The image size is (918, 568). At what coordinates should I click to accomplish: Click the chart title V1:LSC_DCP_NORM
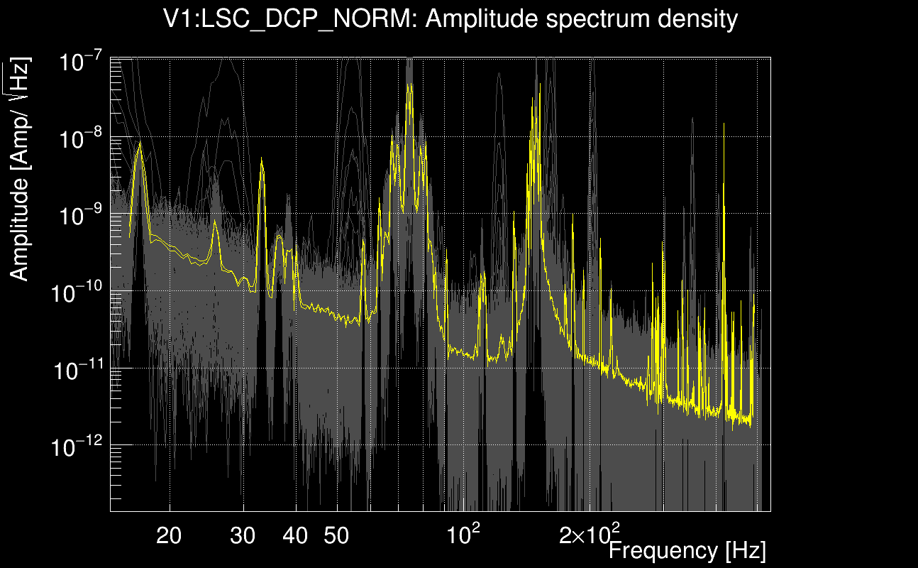pyautogui.click(x=291, y=20)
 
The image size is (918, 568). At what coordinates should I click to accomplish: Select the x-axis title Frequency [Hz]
pyautogui.click(x=687, y=550)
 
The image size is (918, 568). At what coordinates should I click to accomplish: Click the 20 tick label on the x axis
pyautogui.click(x=170, y=536)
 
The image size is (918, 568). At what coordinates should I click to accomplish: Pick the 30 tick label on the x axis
pyautogui.click(x=243, y=536)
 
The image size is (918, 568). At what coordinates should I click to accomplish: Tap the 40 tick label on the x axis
pyautogui.click(x=295, y=536)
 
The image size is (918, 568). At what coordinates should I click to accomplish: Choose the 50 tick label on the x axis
pyautogui.click(x=336, y=536)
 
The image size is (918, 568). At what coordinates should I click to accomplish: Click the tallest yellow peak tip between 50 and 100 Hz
pyautogui.click(x=409, y=84)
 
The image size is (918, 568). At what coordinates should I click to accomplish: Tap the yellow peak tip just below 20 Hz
pyautogui.click(x=140, y=143)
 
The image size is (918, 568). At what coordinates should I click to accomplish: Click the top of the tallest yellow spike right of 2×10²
pyautogui.click(x=724, y=124)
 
